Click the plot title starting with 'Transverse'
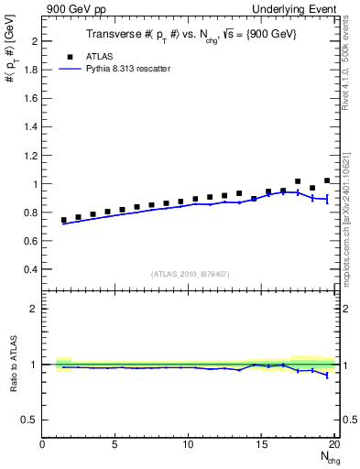[190, 34]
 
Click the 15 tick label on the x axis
[261, 445]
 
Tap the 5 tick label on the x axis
[115, 445]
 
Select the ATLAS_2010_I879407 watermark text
[191, 274]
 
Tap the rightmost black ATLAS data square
[327, 180]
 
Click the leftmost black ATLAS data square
[64, 220]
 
